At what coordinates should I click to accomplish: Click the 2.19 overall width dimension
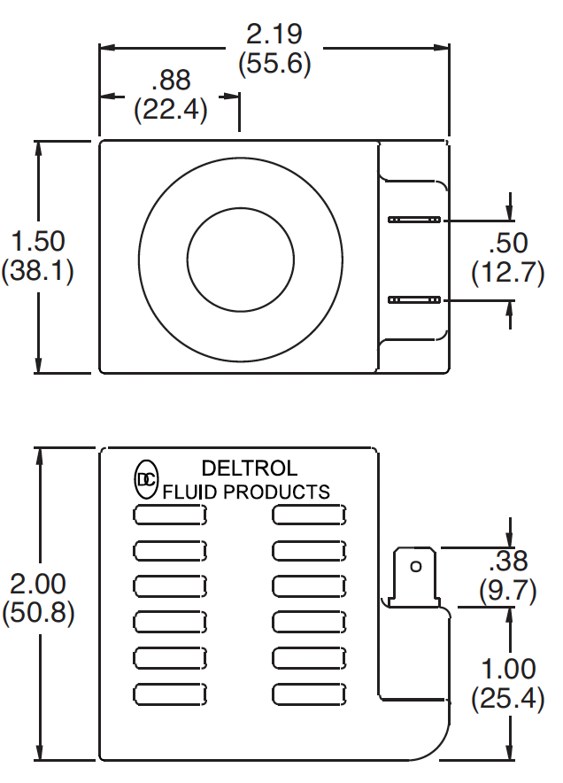click(274, 35)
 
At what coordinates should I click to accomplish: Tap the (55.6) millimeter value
click(274, 65)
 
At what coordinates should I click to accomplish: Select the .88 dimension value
click(171, 81)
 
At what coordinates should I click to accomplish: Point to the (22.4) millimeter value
click(170, 110)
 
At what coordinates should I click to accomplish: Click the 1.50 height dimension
click(37, 241)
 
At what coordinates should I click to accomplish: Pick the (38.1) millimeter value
click(37, 271)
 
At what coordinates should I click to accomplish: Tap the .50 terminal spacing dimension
click(508, 242)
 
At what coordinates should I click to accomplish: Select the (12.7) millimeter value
click(507, 272)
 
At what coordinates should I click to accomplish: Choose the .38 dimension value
click(508, 561)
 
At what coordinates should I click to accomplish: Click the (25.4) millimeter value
click(507, 699)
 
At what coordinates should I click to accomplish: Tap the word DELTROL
click(250, 468)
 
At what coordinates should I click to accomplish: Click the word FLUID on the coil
click(189, 492)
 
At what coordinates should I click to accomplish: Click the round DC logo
click(146, 479)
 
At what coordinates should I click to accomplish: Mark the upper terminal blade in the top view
click(414, 219)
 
